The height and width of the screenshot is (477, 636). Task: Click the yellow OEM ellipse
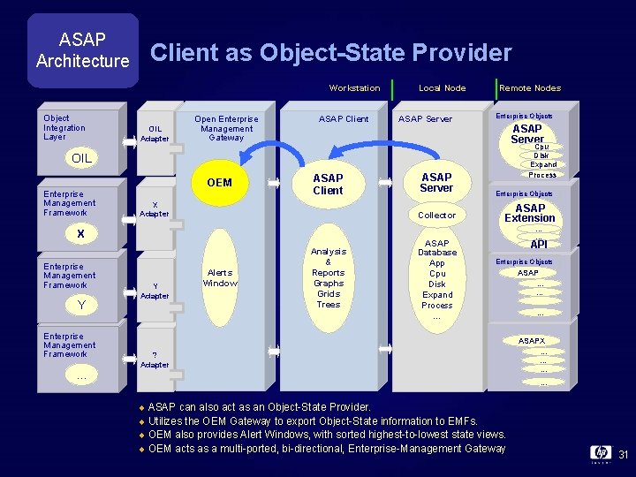coord(219,182)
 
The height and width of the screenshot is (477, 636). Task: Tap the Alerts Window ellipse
coord(220,278)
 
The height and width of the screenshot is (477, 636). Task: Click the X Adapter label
coord(155,209)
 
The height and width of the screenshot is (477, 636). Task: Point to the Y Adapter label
coord(155,291)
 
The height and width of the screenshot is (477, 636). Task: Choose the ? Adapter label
coord(155,360)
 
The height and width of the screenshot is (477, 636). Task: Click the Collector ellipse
coord(436,215)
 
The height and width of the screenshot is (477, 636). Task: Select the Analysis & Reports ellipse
coord(328,277)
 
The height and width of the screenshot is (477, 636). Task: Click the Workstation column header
coord(354,87)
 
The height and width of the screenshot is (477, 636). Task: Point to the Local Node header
coord(442,87)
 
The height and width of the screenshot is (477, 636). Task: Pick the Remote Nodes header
coord(530,87)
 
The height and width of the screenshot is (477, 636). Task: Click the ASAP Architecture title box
coord(82,50)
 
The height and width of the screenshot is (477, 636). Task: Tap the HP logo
coord(600,453)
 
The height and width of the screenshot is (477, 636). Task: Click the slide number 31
coord(622,455)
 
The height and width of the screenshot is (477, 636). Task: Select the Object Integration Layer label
coord(64,127)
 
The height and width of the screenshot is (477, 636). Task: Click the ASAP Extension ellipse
coord(530,213)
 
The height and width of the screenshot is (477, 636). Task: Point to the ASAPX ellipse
coord(532,340)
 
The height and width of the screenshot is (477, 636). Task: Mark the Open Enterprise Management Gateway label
coord(226,128)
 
